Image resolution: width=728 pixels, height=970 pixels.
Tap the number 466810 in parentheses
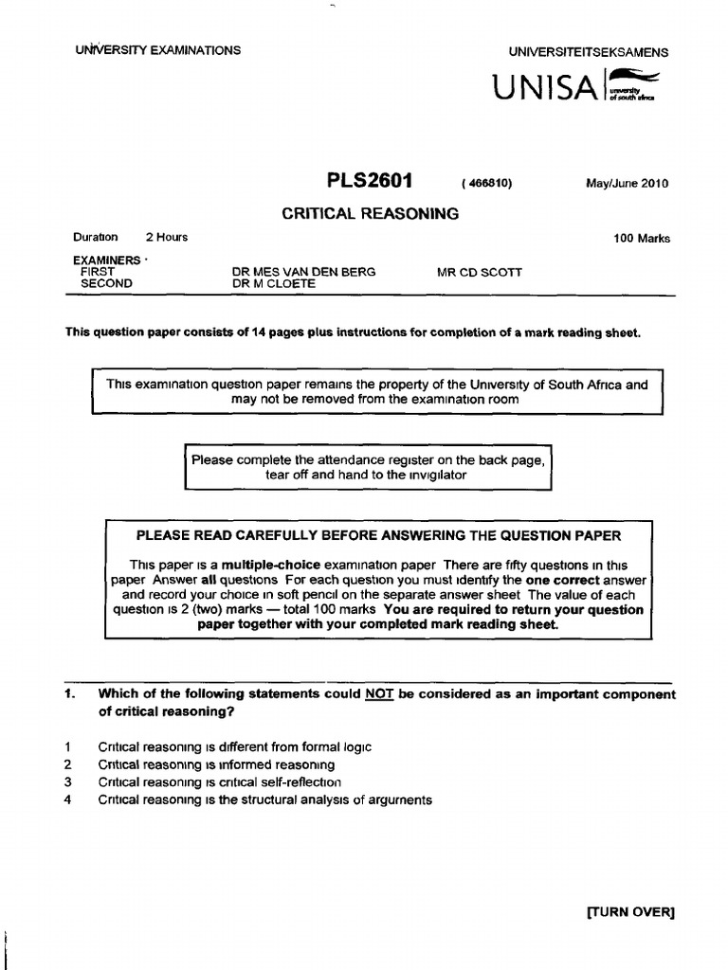486,184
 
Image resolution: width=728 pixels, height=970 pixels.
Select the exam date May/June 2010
627,184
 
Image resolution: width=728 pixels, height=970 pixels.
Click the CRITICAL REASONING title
370,214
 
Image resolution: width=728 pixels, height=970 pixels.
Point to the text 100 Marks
642,239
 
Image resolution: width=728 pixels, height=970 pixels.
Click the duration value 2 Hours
166,238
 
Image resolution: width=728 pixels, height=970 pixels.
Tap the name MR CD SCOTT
479,272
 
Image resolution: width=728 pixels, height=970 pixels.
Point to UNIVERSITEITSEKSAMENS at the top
588,53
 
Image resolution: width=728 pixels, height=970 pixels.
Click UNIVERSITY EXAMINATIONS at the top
157,50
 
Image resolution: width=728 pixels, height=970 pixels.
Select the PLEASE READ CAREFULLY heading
379,535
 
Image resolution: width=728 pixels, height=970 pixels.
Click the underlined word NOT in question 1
375,694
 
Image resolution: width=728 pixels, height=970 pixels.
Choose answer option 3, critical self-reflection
219,782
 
